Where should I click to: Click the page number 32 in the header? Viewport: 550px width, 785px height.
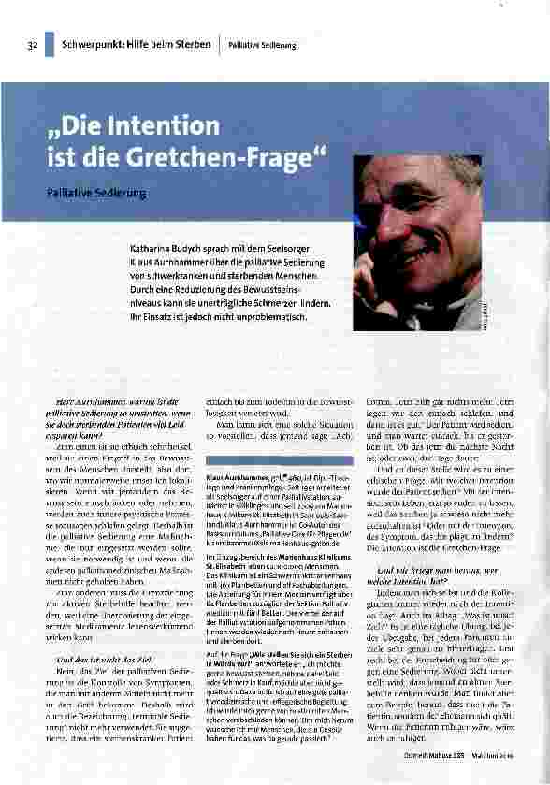[33, 45]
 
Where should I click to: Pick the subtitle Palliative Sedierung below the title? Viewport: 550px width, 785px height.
[96, 193]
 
